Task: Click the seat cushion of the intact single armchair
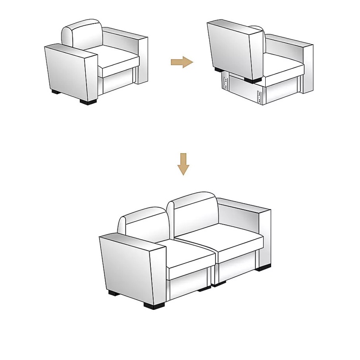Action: tap(118, 62)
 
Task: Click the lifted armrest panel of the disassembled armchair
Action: tap(230, 50)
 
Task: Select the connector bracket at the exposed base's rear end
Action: tap(225, 82)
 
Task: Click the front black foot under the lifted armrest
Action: tap(251, 80)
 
